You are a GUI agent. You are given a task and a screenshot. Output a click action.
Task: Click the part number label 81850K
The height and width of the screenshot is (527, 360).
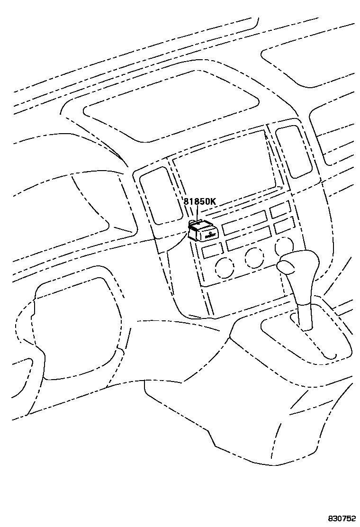point(199,201)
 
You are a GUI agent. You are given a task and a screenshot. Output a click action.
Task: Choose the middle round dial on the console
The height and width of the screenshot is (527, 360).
point(254,257)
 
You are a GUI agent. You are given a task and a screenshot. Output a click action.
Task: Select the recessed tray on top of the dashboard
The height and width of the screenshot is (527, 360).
point(171,107)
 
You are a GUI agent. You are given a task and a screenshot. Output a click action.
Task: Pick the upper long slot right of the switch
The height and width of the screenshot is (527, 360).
point(244,222)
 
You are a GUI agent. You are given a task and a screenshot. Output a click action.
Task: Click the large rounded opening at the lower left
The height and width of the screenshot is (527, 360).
point(76,327)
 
